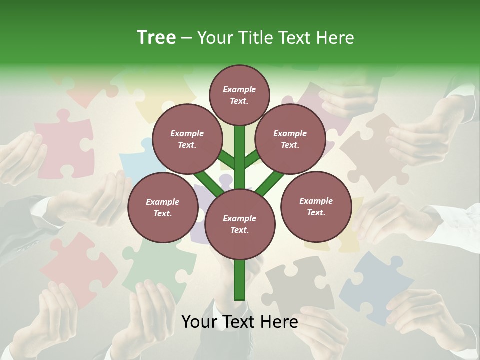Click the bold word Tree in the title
click(x=156, y=37)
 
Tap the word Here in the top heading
click(x=336, y=38)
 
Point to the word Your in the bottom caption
click(x=200, y=321)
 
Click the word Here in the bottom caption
click(x=279, y=321)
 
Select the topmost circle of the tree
click(x=239, y=95)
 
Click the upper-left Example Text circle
click(x=187, y=139)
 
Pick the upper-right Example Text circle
click(x=290, y=139)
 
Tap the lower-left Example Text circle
click(x=163, y=207)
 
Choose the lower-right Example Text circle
click(x=316, y=206)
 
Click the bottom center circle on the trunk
click(x=240, y=224)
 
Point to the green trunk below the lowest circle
click(x=240, y=280)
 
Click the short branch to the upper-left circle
click(x=226, y=160)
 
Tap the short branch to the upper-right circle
click(x=252, y=159)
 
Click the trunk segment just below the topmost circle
click(x=240, y=137)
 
